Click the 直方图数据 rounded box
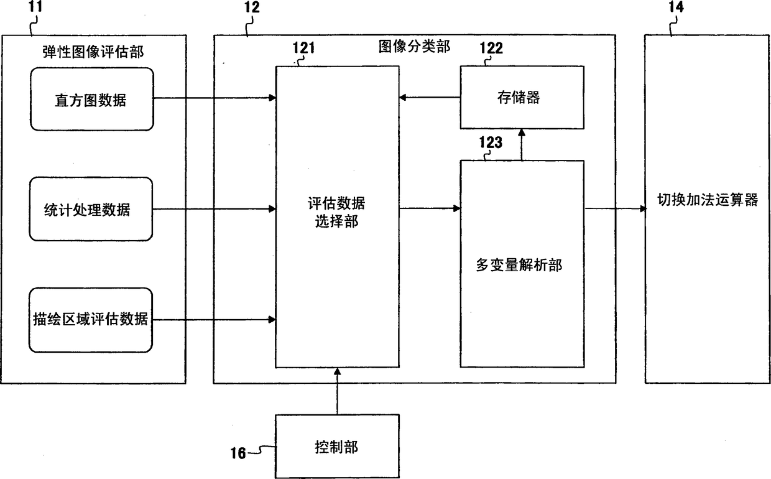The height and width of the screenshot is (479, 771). tap(91, 99)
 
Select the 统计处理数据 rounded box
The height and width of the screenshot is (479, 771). tap(91, 209)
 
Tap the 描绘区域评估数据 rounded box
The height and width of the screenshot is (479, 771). tap(91, 320)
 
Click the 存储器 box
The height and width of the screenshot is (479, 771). tap(522, 97)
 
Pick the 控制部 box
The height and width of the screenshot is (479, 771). tap(336, 447)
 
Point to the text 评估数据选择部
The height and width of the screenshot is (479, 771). tap(336, 213)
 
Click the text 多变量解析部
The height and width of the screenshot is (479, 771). tap(522, 266)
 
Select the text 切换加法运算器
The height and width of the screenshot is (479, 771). tap(708, 200)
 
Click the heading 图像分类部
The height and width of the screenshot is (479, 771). tap(414, 46)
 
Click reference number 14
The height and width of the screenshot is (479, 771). tap(675, 8)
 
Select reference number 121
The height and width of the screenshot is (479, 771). tap(306, 47)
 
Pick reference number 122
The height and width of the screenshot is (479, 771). tap(491, 47)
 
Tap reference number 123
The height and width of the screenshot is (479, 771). tap(490, 142)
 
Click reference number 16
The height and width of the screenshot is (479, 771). tap(238, 452)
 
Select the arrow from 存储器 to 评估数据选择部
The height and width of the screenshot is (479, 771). tap(429, 97)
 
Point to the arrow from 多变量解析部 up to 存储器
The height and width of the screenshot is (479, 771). tap(521, 145)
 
